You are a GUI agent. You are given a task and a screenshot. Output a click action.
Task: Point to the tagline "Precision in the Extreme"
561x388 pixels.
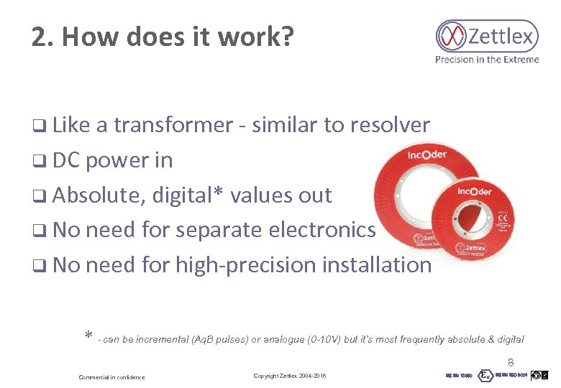point(486,60)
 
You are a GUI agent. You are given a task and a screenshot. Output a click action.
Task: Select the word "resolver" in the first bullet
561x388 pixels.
point(389,125)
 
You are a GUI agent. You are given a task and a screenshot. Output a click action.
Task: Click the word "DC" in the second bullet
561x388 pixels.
point(66,160)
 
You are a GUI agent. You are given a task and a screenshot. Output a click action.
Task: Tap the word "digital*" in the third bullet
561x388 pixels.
point(186,195)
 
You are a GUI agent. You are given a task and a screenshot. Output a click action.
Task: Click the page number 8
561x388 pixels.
point(511,363)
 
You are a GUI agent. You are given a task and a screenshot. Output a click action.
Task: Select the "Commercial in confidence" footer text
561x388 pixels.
point(111,377)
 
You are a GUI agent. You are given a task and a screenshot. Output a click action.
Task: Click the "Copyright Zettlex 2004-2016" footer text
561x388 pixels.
point(289,377)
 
